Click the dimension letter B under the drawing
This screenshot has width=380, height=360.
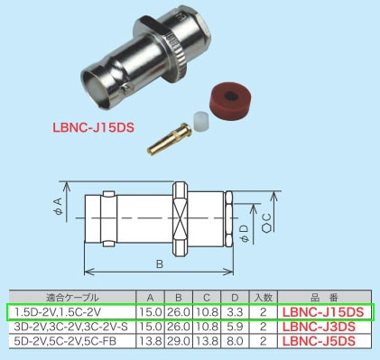point(159,265)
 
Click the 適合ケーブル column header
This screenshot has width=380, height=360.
point(70,296)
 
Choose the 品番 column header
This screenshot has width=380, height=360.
point(323,296)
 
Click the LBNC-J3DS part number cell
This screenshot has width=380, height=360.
point(323,327)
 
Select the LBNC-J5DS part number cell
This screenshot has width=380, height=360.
point(323,341)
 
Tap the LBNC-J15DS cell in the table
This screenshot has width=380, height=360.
point(323,312)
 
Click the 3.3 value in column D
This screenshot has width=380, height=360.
point(233,312)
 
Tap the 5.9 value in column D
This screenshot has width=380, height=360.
point(233,327)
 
